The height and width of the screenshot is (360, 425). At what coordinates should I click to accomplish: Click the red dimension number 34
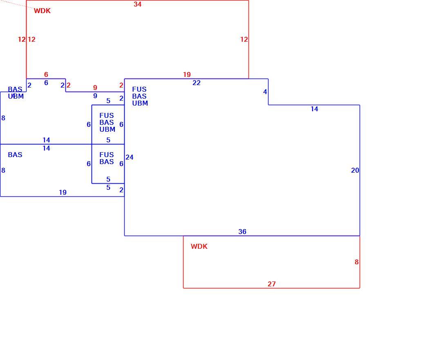137,4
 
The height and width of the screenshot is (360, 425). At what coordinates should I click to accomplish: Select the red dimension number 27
272,284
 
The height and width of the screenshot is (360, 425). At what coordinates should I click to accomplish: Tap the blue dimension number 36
242,232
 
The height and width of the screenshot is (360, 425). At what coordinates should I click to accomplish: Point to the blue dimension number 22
197,83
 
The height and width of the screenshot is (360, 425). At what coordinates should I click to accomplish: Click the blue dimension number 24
130,157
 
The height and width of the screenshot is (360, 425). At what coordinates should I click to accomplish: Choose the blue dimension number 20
355,170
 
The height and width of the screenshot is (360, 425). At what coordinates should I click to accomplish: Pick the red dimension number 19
187,74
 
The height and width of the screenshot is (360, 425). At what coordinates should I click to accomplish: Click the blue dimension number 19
63,192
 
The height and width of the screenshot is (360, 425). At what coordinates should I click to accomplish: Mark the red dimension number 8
356,262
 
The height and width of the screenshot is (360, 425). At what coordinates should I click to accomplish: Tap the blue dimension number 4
265,92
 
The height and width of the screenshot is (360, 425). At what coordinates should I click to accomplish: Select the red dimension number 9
95,88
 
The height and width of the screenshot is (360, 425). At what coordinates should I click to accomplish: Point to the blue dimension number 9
95,96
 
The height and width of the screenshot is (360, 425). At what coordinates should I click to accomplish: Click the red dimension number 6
46,74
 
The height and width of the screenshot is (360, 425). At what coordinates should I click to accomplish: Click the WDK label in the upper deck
42,11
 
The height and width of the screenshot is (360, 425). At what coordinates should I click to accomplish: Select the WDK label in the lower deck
199,246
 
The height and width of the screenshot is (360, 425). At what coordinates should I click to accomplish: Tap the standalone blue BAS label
15,155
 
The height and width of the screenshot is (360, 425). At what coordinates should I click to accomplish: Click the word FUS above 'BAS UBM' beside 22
139,89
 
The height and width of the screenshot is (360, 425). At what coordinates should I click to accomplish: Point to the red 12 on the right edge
244,39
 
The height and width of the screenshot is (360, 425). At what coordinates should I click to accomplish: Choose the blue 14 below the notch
314,109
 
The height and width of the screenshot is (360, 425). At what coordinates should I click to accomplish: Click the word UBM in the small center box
107,129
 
